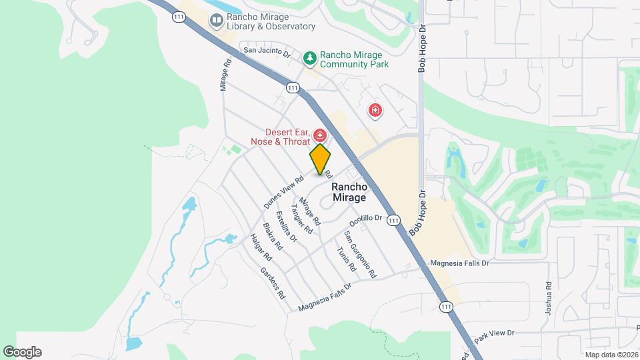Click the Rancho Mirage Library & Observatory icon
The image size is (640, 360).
click(217, 21)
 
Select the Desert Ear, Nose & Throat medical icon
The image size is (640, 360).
click(319, 135)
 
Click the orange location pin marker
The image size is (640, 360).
click(320, 159)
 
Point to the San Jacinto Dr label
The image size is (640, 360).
click(267, 51)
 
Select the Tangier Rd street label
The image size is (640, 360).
click(301, 219)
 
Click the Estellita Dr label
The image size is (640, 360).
click(285, 225)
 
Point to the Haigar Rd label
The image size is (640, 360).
click(261, 247)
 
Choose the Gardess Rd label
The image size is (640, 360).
click(273, 283)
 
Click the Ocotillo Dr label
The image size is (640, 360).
click(366, 218)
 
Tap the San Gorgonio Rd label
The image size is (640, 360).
click(359, 254)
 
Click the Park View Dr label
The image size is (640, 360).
click(494, 333)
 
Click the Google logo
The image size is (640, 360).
click(22, 352)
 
